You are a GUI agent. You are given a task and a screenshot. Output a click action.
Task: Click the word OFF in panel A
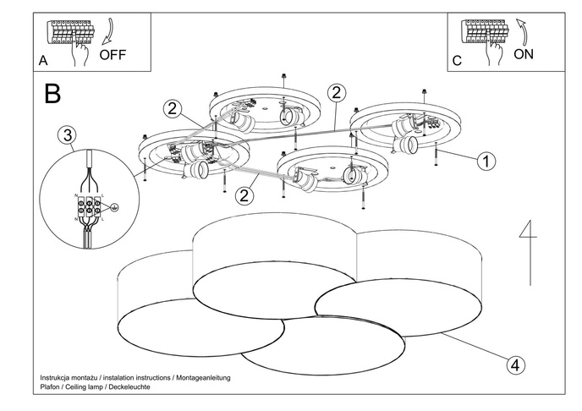coord(113,57)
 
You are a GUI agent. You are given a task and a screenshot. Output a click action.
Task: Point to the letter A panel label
coord(42,61)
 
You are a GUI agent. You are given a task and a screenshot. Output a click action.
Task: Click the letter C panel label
coord(458,61)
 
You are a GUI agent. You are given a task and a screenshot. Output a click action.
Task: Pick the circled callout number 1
coord(486,161)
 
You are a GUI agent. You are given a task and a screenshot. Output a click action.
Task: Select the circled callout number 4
coord(513,365)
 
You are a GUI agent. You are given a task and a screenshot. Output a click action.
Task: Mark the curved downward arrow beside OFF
coord(107,34)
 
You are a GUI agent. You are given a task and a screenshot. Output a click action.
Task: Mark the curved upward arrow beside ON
coord(521,34)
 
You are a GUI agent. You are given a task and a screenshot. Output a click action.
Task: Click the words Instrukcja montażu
coord(70,376)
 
